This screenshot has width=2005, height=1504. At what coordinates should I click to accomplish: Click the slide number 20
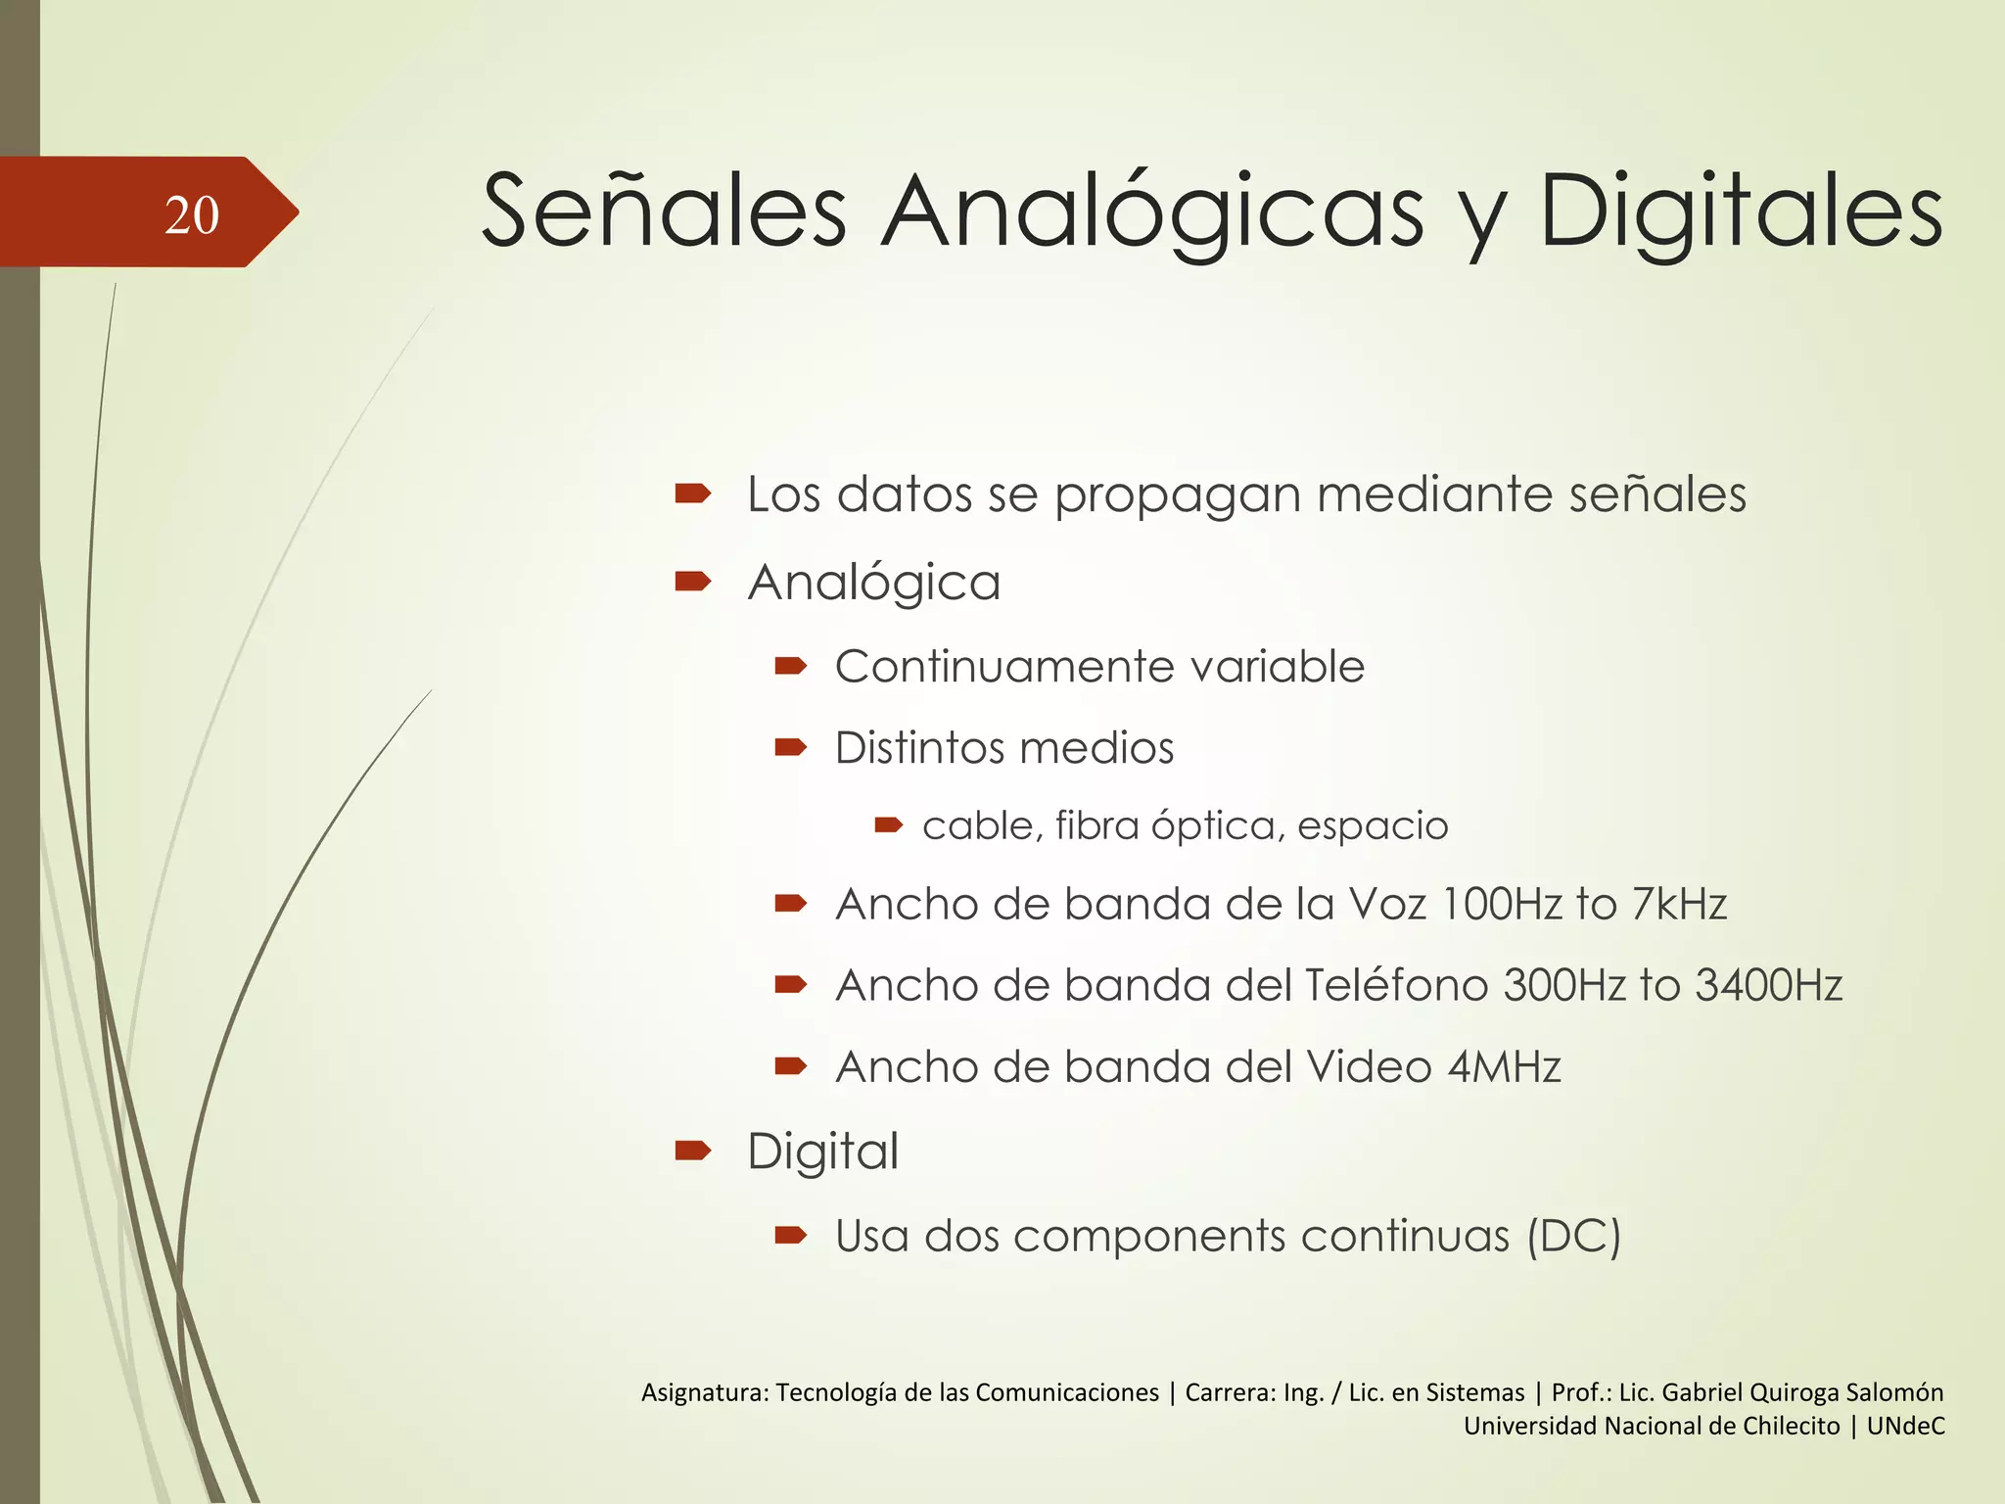point(192,215)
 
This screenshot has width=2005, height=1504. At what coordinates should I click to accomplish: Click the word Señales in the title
point(664,212)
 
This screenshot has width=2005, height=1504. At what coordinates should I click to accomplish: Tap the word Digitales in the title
point(1741,212)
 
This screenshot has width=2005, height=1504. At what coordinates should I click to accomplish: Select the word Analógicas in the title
point(1152,212)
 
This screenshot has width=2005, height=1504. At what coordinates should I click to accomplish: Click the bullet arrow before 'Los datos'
point(692,493)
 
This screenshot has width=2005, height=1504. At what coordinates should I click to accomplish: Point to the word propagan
point(1178,494)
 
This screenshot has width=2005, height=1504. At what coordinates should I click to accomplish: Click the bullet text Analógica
point(874,583)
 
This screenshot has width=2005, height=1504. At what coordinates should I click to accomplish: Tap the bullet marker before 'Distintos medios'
point(790,748)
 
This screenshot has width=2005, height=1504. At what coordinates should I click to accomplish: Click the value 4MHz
point(1504,1066)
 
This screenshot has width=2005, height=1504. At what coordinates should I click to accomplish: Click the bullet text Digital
point(822,1151)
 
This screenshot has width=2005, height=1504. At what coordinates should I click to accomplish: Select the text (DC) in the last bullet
point(1573,1236)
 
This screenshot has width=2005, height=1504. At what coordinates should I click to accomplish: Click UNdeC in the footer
point(1905,1426)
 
